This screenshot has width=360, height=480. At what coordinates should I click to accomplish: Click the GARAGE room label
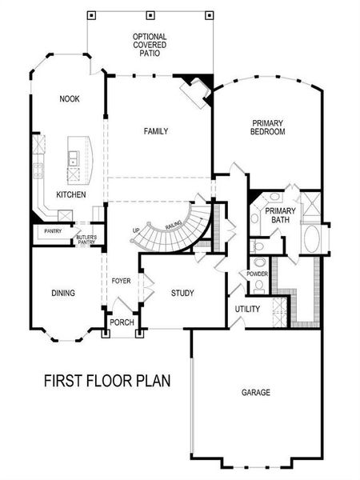coord(256,393)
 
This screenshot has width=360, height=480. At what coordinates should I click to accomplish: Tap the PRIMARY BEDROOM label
coord(267,126)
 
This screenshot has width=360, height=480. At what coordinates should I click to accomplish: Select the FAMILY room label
coord(155,131)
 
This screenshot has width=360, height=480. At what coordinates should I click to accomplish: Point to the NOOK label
coord(68,99)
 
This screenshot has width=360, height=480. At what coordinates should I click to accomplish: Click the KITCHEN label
coord(70,195)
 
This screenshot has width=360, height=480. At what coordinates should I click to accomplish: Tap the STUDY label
coord(182,293)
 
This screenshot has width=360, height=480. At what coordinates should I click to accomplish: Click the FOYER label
coord(122,281)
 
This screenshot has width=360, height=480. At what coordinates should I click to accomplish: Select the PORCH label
coord(122,323)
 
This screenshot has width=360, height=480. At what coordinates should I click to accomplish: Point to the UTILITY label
coord(246,309)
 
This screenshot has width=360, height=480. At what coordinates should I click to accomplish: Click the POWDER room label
coord(257,274)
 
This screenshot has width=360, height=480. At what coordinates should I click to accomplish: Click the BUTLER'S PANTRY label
coord(86,239)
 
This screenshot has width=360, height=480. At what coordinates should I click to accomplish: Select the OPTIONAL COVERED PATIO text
coord(150,46)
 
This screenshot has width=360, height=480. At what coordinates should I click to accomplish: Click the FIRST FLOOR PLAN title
coord(106,379)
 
